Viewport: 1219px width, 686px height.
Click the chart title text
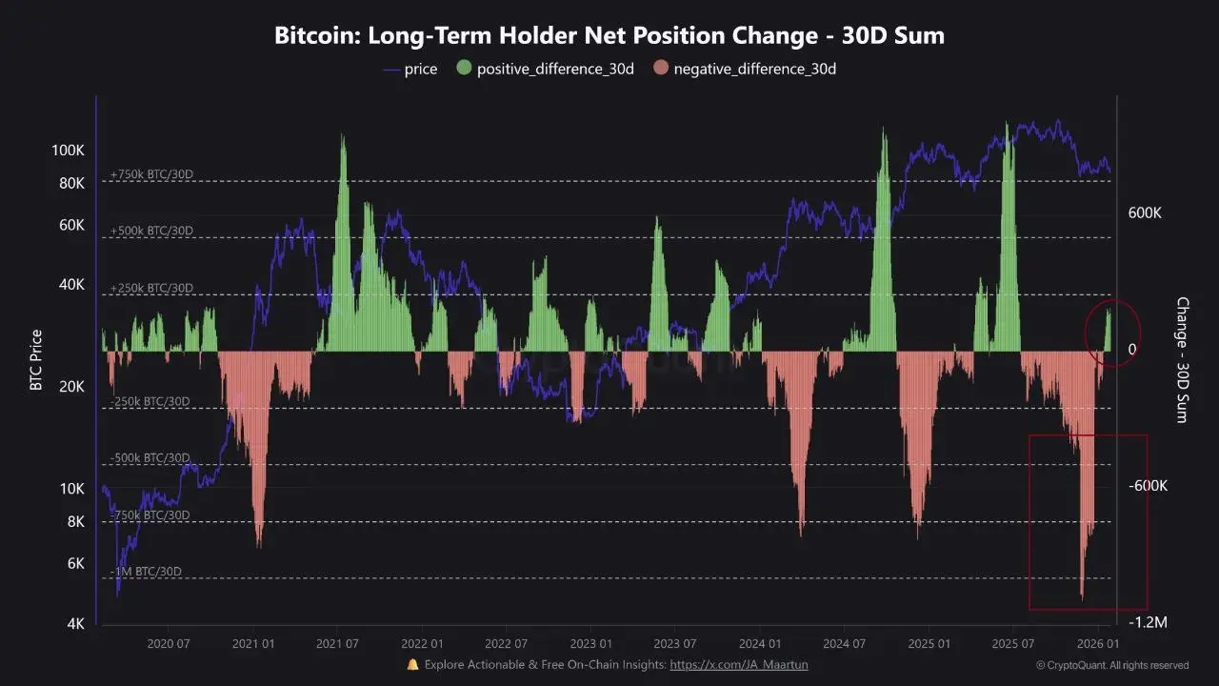[609, 36]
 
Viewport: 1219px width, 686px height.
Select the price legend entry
[410, 69]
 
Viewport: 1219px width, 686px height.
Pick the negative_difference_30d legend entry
[745, 69]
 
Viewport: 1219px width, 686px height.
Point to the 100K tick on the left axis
[68, 151]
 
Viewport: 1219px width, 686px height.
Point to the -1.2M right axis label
[1149, 622]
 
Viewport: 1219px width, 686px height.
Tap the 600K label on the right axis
[1145, 213]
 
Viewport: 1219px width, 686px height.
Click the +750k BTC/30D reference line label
[151, 174]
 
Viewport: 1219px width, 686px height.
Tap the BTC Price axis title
[36, 360]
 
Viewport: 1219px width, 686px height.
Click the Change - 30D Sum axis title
[1182, 360]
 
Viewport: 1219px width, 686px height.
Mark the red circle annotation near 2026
[1112, 332]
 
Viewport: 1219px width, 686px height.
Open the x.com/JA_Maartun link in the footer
[738, 665]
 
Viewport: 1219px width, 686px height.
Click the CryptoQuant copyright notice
[1112, 665]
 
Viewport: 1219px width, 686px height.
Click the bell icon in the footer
[412, 665]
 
